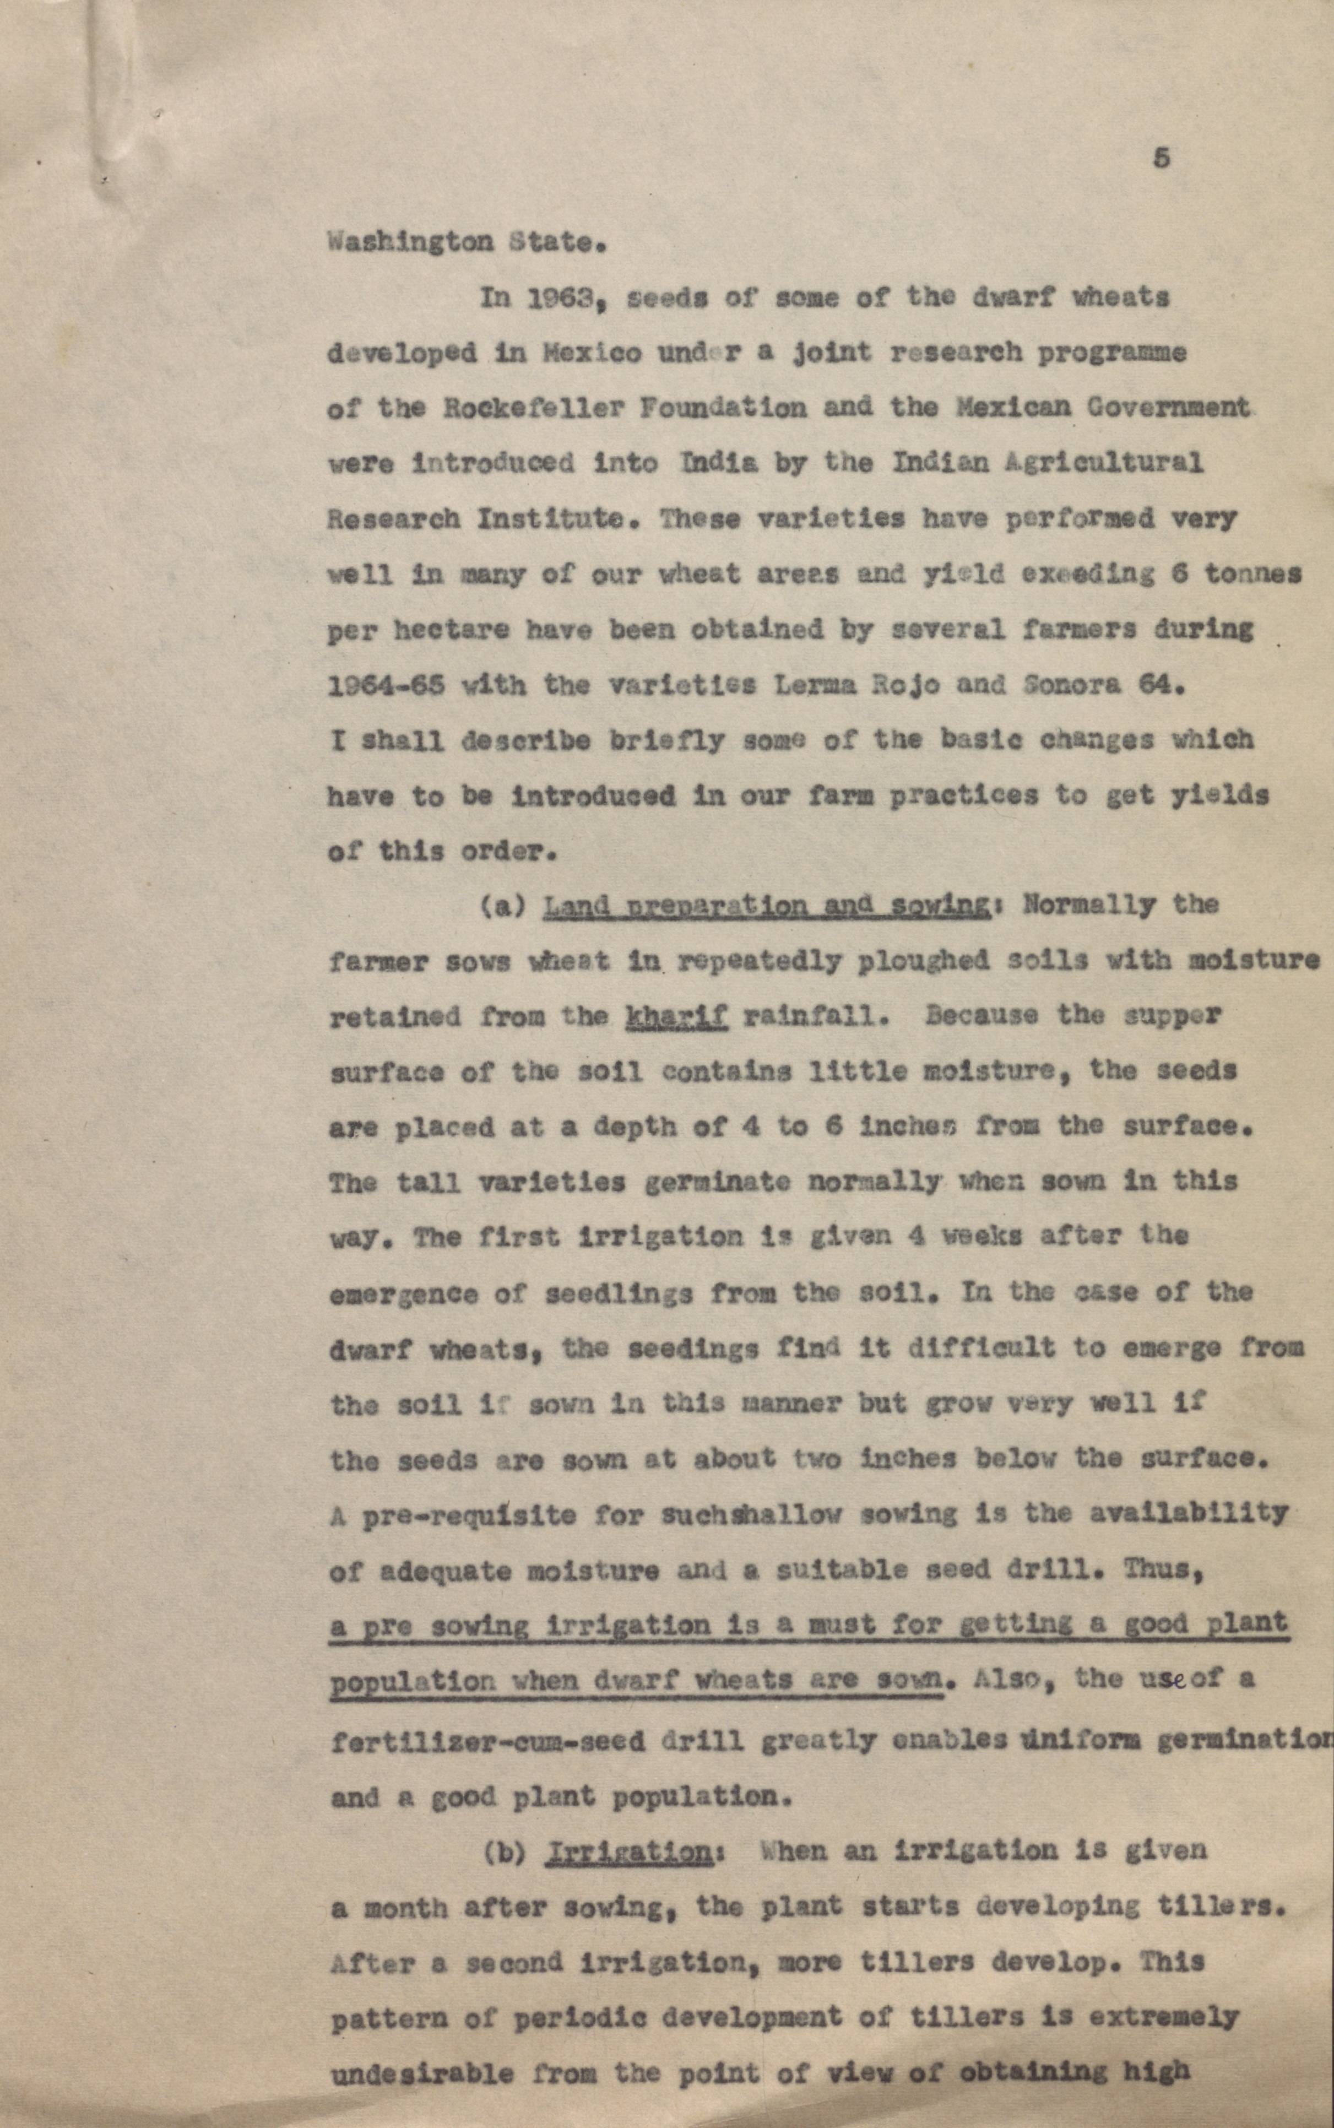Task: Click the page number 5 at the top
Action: (x=1161, y=159)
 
